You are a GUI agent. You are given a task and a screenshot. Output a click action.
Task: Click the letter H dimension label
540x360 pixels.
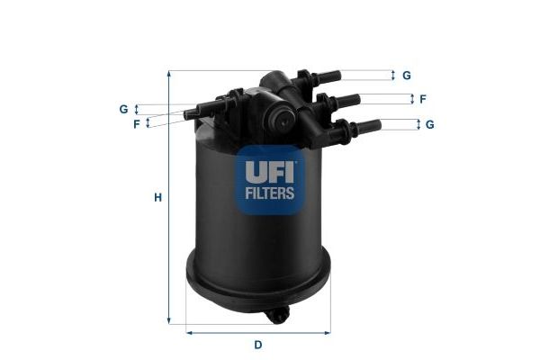pos(157,197)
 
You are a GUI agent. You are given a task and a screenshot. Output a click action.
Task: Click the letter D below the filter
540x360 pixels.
pos(257,345)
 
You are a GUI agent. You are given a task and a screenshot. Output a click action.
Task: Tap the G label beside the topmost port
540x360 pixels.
pos(407,75)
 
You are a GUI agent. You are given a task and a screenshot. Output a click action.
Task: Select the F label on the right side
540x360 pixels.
pos(422,99)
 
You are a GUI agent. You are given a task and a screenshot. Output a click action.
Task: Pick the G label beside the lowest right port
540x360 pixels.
pos(430,124)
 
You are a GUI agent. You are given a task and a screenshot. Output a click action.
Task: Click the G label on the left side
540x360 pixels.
pos(123,109)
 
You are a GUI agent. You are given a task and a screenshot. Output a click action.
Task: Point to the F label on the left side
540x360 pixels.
pos(137,123)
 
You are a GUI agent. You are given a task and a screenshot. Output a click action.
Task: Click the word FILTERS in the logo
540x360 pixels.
pos(265,192)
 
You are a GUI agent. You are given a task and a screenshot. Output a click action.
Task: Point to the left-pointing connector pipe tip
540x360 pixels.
pos(190,113)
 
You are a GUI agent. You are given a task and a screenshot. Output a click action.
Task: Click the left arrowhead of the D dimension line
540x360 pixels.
pos(189,332)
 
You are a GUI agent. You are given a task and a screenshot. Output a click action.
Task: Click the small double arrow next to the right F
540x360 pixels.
pos(411,99)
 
